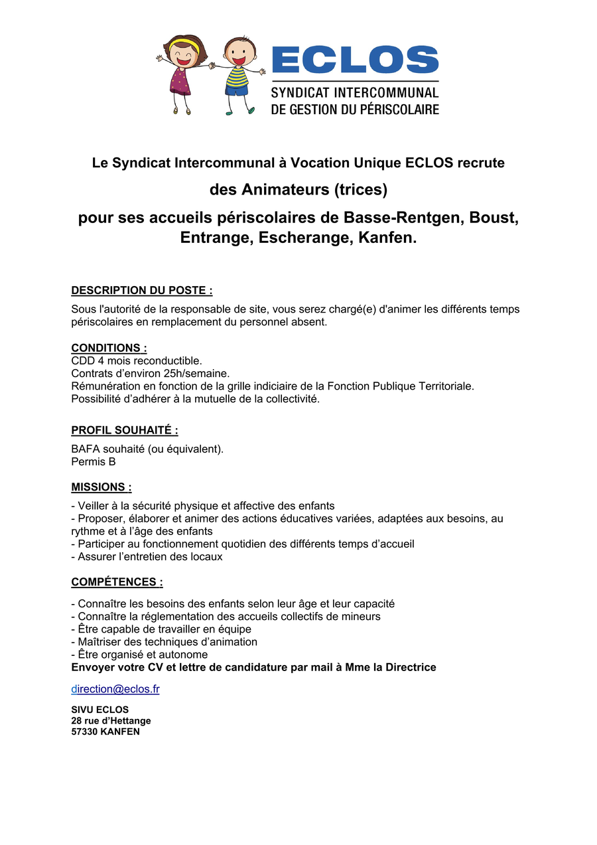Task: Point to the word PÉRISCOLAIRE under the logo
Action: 397,109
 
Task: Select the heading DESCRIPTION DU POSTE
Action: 142,290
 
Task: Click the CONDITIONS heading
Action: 109,348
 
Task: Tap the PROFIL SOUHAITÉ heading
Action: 125,430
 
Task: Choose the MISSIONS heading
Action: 101,487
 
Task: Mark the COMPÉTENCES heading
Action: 117,582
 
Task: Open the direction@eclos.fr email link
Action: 115,689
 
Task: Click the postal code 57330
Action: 84,732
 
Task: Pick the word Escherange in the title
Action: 304,238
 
